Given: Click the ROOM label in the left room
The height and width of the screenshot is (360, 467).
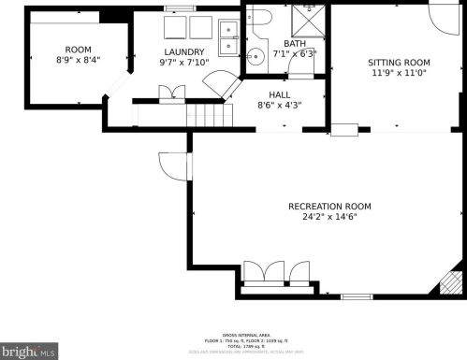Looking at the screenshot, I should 79,49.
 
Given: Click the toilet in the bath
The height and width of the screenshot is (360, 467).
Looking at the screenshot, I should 258,17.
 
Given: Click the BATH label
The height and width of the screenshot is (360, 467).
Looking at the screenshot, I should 295,43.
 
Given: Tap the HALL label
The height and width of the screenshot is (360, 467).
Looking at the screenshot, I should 280,94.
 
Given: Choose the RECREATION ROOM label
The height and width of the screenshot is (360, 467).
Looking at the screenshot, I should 329,206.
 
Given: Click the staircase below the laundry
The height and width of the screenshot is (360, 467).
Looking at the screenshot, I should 209,116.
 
